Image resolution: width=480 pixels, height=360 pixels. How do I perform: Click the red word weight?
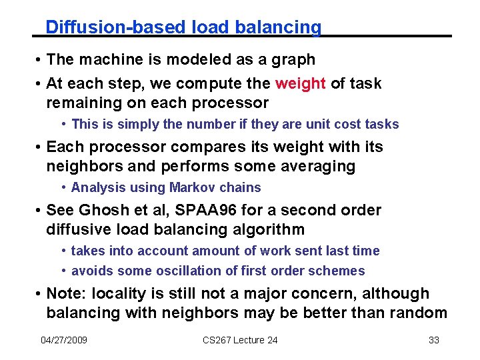click(x=300, y=83)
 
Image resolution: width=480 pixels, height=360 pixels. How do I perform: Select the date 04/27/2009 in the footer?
click(x=64, y=340)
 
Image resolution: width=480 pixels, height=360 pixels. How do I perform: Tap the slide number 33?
click(x=433, y=340)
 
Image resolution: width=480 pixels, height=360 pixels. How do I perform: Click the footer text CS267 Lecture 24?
click(x=240, y=340)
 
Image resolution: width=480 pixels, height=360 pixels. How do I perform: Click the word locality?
click(x=120, y=293)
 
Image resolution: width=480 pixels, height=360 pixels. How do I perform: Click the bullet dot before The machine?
click(x=39, y=60)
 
